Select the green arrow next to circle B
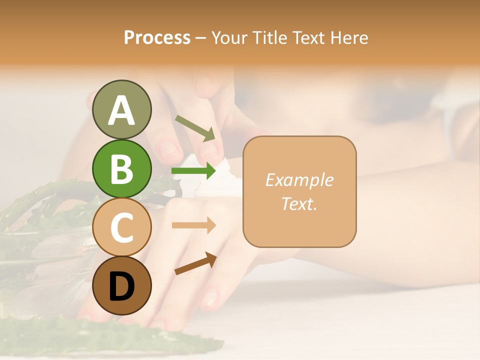[x=193, y=171]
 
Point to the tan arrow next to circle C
[x=193, y=225]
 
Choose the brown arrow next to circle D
[x=195, y=263]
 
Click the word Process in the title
[x=157, y=38]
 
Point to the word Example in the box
[x=299, y=180]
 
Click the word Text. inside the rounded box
[x=299, y=203]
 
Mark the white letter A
[x=121, y=111]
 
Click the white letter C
[x=121, y=227]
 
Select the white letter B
[x=121, y=169]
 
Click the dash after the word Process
[x=201, y=38]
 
